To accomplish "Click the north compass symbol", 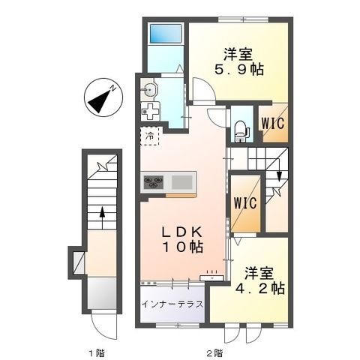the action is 103,97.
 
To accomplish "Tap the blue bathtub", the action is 166,34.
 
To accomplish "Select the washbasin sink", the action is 148,89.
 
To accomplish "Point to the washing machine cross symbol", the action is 150,112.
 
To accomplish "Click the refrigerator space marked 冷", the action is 150,136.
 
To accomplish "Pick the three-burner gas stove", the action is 153,181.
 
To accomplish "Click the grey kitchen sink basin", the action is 182,182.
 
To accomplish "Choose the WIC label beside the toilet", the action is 273,123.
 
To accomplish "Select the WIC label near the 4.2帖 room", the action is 245,203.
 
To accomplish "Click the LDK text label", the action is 182,232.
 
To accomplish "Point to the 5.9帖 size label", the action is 239,70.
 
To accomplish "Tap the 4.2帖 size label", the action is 260,288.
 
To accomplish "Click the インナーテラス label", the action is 172,304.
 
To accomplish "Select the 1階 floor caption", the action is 97,353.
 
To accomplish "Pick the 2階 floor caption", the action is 214,353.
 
